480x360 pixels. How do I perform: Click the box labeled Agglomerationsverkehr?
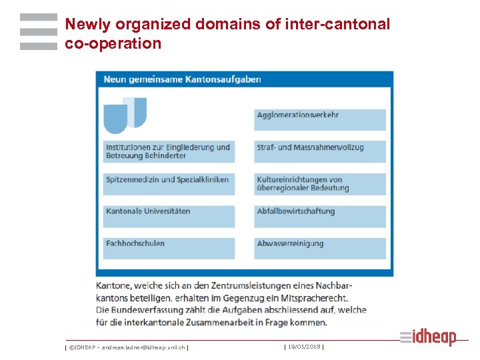(320, 119)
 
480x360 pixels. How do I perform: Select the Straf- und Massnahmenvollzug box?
(320, 151)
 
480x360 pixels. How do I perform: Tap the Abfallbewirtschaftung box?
(320, 215)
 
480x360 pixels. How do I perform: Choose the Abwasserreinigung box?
(320, 247)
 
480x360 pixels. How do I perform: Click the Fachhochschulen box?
(169, 247)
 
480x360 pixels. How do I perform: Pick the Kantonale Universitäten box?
(169, 215)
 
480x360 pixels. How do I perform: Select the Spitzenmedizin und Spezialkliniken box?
(169, 183)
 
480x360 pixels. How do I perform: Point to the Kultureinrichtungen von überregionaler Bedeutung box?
(320, 183)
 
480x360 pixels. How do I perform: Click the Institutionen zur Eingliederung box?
(169, 151)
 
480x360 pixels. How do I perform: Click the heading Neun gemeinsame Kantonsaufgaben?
(182, 79)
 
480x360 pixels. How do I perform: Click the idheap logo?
(429, 337)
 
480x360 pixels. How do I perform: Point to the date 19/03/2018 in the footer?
(304, 347)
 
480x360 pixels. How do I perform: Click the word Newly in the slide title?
(88, 25)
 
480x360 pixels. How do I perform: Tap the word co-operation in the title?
(113, 44)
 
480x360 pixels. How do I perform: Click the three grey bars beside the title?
(39, 32)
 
